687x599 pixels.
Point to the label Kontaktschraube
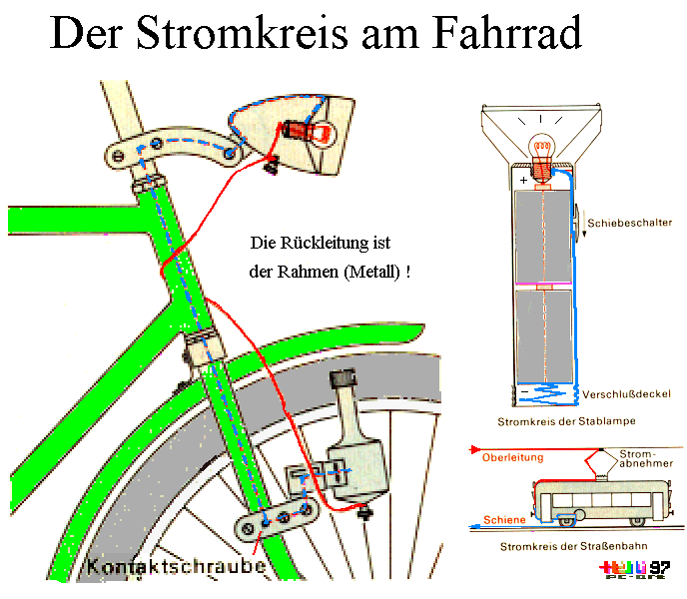point(177,566)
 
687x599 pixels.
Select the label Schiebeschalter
point(629,223)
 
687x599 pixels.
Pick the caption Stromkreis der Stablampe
point(566,422)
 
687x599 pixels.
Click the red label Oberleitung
point(512,457)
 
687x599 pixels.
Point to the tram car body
point(600,497)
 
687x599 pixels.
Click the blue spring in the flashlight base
point(543,394)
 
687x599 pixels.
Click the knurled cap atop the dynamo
point(343,382)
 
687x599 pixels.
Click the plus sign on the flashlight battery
point(522,181)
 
